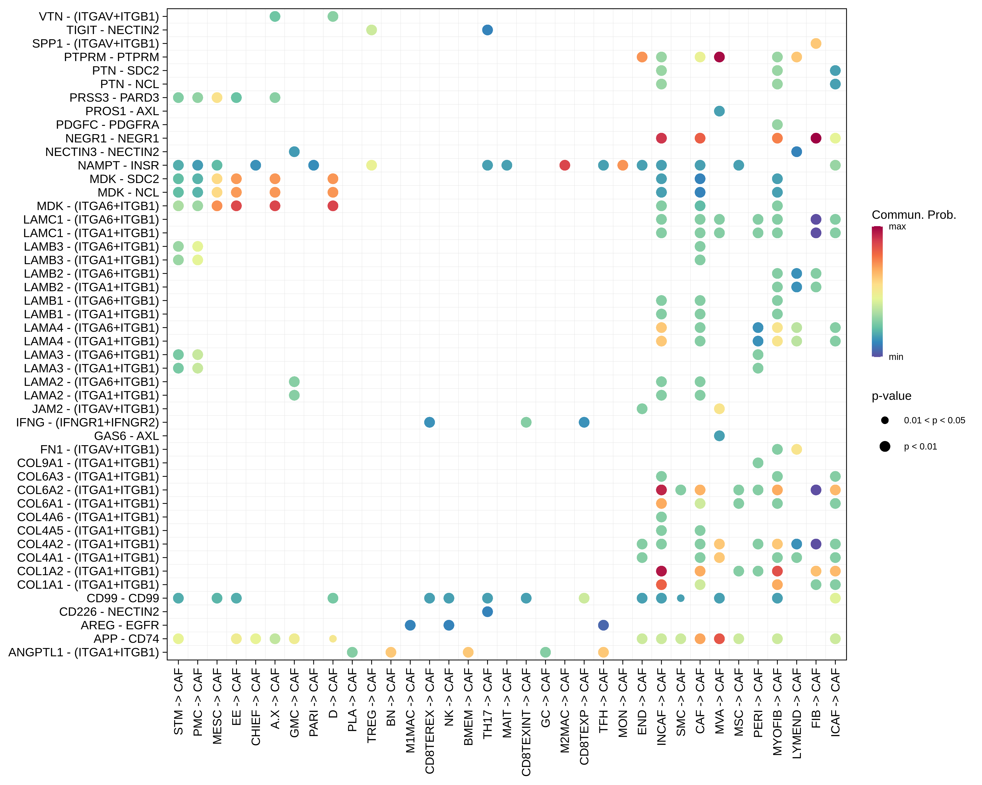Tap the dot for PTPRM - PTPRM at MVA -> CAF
(x=719, y=57)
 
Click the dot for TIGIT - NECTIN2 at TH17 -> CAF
(x=487, y=30)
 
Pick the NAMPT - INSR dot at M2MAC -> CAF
(x=565, y=165)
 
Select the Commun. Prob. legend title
(x=914, y=215)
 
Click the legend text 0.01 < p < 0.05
(x=934, y=420)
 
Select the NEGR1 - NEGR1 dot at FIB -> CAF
(x=816, y=138)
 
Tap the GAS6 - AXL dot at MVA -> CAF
(x=719, y=436)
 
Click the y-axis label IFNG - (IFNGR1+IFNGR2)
(x=88, y=422)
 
